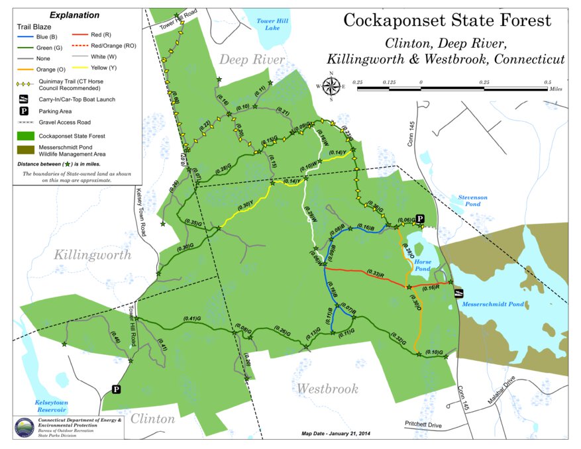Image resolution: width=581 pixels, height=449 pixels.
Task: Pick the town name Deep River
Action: coord(252,60)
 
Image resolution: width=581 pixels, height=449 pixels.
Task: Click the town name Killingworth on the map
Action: coord(93,255)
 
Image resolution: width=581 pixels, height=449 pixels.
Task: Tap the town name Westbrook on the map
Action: coord(327,389)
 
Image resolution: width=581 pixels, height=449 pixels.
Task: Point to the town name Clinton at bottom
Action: coord(152,419)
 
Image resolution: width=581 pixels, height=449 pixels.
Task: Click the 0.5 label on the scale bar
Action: coord(547,82)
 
